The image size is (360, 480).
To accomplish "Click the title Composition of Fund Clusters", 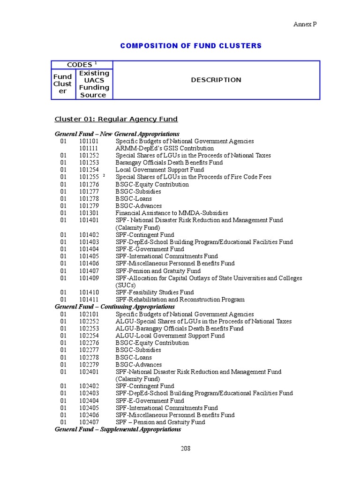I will click(191, 45).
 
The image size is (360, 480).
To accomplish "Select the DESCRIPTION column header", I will click(216, 80).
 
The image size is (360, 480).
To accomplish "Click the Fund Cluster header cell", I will click(62, 84).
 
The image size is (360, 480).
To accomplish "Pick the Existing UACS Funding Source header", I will click(94, 84).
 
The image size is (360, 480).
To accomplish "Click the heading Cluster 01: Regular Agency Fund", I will click(116, 119).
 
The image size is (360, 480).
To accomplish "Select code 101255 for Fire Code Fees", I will click(89, 177).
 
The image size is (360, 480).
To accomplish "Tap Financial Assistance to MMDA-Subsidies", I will click(172, 213).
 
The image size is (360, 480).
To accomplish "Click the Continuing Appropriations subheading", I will click(115, 307).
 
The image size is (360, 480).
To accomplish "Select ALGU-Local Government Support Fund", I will click(170, 336).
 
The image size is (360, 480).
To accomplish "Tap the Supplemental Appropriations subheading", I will click(118, 429).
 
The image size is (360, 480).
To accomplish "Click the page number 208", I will click(186, 448).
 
